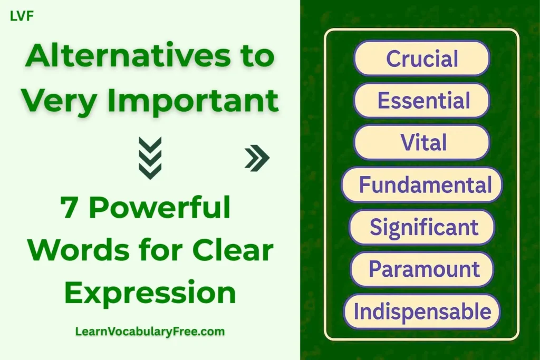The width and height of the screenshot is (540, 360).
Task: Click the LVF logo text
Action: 22,16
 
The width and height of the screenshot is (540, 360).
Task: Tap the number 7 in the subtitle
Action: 70,208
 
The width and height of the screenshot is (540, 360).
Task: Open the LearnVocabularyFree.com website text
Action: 150,332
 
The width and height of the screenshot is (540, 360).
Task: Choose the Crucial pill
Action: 422,59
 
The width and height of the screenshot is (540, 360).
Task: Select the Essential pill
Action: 422,100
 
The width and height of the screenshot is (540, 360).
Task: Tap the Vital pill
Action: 422,142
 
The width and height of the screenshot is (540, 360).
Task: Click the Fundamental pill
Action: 422,185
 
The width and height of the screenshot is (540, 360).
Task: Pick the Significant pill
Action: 422,227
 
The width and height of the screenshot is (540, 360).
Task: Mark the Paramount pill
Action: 422,269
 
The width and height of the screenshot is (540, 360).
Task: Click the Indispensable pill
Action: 422,312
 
